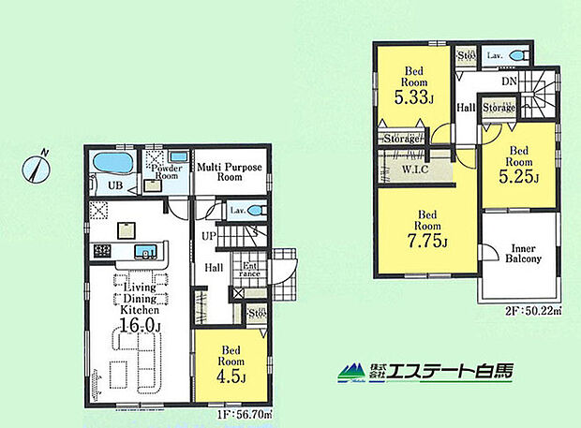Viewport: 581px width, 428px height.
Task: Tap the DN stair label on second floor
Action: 509,83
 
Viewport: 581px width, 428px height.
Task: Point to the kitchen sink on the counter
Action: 146,251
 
